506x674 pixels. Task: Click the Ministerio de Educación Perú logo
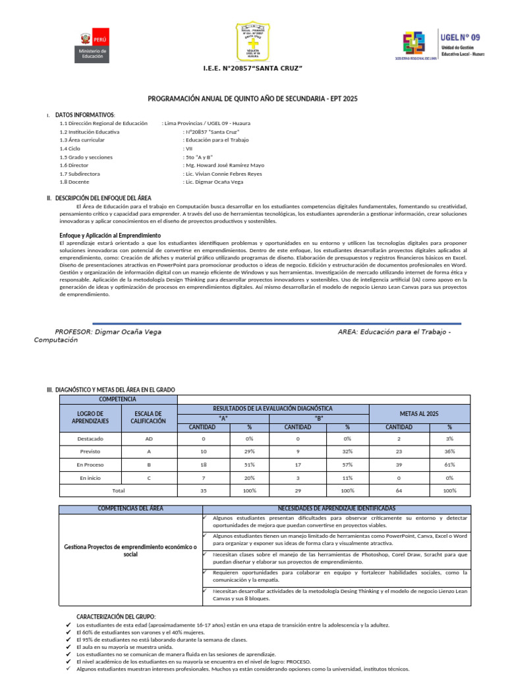click(x=92, y=45)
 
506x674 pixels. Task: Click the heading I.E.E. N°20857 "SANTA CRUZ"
click(x=252, y=68)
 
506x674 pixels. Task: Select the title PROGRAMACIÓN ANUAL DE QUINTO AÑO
click(x=252, y=98)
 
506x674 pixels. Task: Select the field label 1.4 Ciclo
click(x=69, y=148)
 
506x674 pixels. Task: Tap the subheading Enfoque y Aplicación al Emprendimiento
click(x=110, y=235)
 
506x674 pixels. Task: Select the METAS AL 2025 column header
click(x=419, y=413)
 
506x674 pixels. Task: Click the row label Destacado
click(x=90, y=438)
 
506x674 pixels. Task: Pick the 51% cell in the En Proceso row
click(x=249, y=465)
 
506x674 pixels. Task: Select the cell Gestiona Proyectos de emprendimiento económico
click(x=130, y=551)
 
